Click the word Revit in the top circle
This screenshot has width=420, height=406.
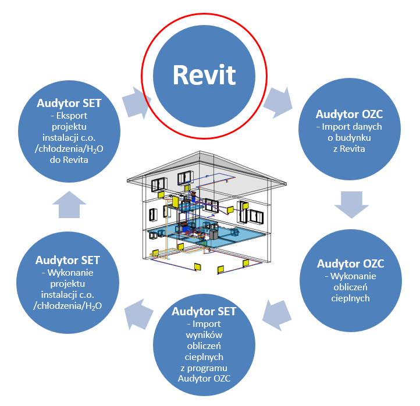204,76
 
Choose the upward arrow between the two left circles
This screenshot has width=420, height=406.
69,204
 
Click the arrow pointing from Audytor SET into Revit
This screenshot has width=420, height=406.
134,102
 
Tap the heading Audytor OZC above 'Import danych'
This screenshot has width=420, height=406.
350,115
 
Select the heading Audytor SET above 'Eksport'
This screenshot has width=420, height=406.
69,104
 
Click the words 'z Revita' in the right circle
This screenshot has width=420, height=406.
350,149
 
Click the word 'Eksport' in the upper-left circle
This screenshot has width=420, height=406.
71,116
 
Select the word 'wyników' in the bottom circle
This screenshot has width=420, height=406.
205,334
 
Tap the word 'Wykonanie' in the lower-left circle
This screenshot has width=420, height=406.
69,272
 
